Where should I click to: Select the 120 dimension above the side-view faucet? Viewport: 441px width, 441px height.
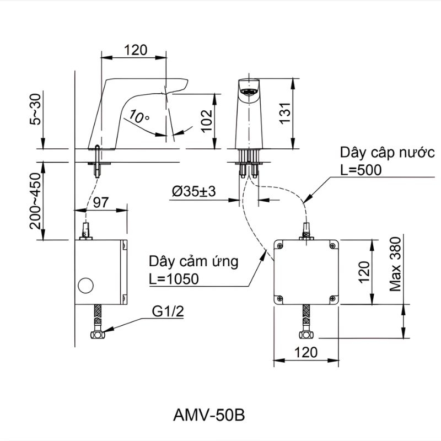pos(136,50)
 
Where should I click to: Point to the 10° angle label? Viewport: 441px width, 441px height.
pos(139,116)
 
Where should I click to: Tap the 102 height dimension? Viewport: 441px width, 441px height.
pos(206,120)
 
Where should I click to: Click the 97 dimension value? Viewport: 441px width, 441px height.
pos(100,202)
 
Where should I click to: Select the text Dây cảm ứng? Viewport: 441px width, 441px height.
pos(193,261)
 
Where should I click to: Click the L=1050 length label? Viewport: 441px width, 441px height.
pos(174,279)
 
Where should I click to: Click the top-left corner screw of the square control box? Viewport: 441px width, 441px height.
pos(279,245)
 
